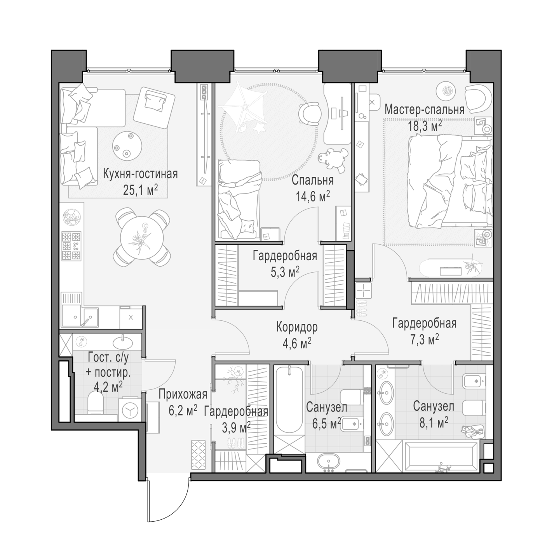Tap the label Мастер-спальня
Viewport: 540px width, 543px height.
[424, 110]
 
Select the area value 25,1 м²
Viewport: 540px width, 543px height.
[140, 190]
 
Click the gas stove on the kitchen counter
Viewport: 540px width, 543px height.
[71, 246]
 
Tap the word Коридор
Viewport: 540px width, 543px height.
[297, 327]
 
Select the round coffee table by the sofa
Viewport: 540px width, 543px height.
[127, 146]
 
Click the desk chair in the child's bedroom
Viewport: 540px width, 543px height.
[310, 114]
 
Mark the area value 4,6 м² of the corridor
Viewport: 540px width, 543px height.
[297, 344]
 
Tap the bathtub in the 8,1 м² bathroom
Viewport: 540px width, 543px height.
[441, 457]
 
